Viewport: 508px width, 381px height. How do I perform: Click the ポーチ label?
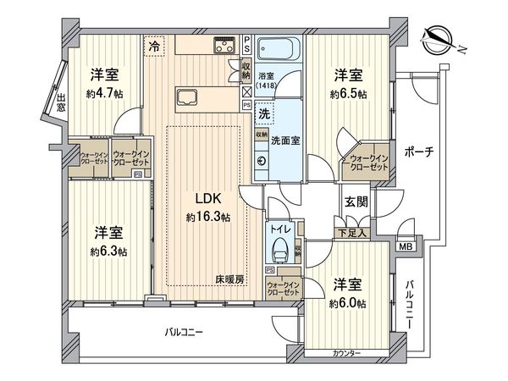419,152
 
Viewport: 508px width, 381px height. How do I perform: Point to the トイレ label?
278,228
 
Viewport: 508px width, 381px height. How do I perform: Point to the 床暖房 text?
229,279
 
